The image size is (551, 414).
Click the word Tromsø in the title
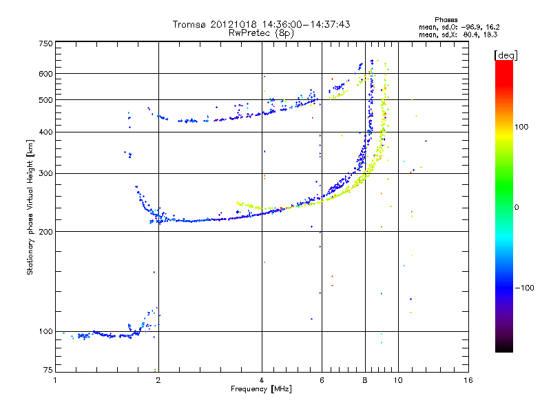[189, 24]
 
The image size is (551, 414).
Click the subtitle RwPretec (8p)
[262, 33]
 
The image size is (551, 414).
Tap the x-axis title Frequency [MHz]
[261, 388]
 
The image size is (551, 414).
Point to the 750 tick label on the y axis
[45, 43]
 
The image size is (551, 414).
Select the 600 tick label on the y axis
[45, 74]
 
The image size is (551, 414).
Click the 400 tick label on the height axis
[45, 132]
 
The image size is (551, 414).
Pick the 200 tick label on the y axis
[45, 231]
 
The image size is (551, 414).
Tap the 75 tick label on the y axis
[48, 370]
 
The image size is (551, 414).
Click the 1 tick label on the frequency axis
[55, 380]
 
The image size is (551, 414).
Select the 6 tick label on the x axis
[322, 380]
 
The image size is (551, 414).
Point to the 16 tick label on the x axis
[468, 380]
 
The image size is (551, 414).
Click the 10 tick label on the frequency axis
[398, 380]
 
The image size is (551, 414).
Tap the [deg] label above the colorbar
[506, 55]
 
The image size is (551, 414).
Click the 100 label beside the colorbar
[521, 127]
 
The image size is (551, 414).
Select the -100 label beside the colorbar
[525, 288]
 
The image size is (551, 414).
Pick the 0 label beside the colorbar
[517, 207]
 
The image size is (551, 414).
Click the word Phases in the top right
[446, 20]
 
